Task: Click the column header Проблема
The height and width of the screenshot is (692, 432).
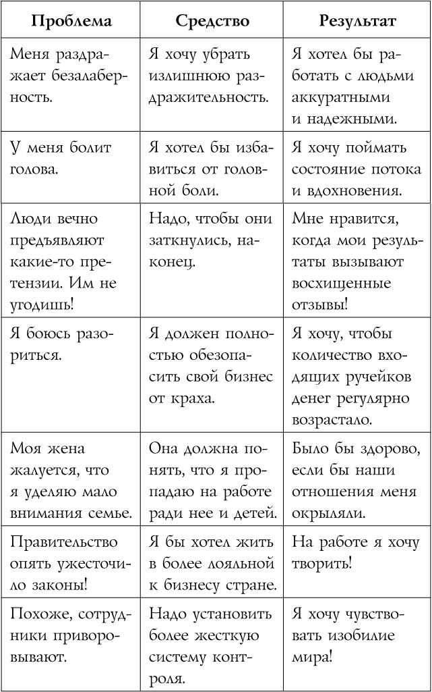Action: pyautogui.click(x=71, y=21)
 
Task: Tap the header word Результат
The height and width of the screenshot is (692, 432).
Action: pyautogui.click(x=357, y=21)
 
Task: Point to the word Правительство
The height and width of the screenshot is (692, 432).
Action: pyautogui.click(x=56, y=543)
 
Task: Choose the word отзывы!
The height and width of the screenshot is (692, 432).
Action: pyautogui.click(x=320, y=304)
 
